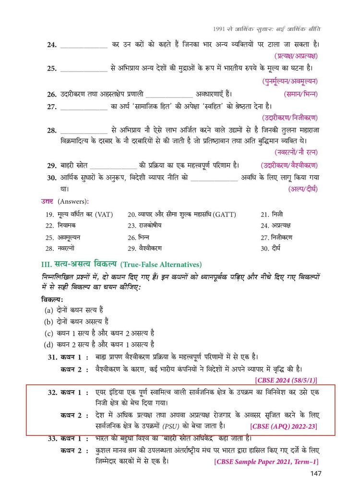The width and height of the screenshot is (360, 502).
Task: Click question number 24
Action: pos(52,45)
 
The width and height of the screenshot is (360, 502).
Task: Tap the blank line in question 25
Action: pos(84,69)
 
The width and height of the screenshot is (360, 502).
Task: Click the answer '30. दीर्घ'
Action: pos(271,248)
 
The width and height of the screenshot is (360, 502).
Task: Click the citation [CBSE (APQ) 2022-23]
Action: pos(283,426)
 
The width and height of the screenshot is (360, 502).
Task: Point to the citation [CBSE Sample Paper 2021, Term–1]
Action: pos(266,462)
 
